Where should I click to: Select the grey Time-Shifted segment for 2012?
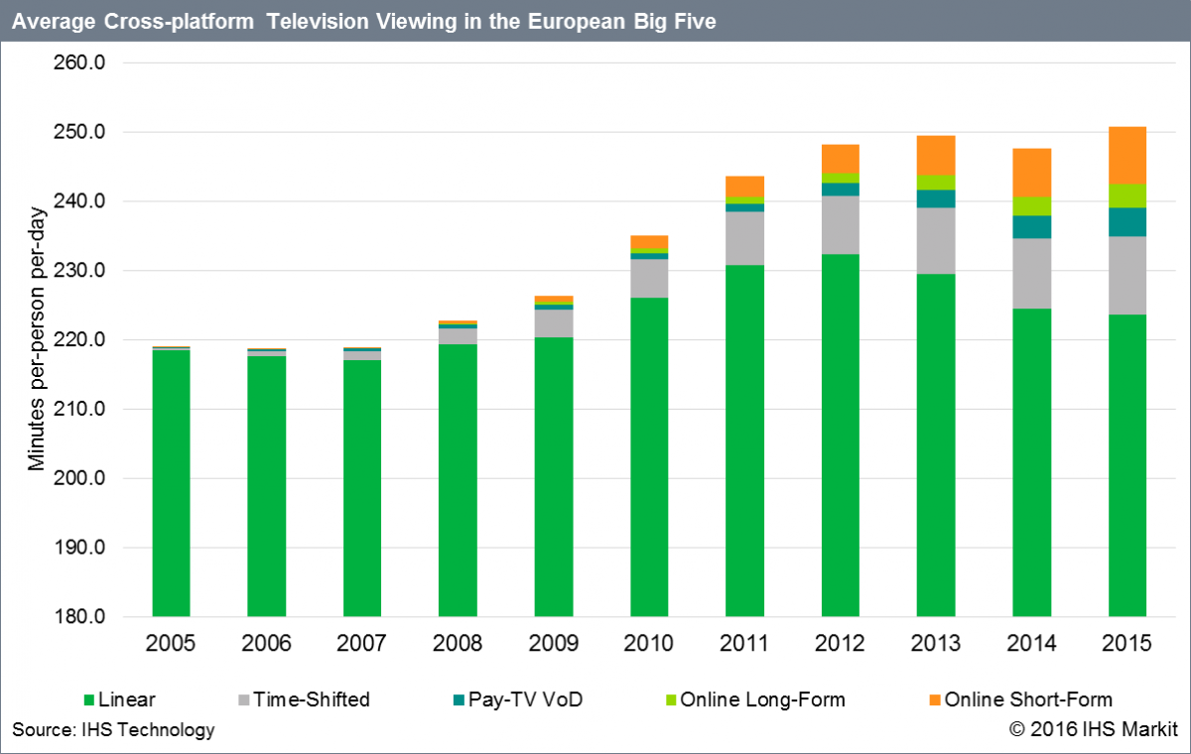click(x=840, y=225)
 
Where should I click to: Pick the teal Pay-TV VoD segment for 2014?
click(x=1032, y=227)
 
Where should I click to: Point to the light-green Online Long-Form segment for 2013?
click(x=936, y=183)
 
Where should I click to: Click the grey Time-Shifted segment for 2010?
click(x=649, y=279)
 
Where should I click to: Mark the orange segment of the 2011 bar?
click(x=744, y=186)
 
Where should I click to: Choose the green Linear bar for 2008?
click(x=458, y=480)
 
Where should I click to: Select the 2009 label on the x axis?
click(x=553, y=644)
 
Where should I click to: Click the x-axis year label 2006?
click(x=266, y=644)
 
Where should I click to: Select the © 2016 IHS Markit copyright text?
click(x=1093, y=730)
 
